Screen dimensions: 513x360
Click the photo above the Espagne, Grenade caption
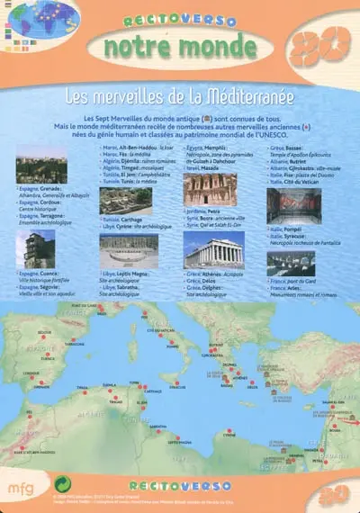pyautogui.click(x=41, y=164)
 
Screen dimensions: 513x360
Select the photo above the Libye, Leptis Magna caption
pyautogui.click(x=128, y=249)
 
